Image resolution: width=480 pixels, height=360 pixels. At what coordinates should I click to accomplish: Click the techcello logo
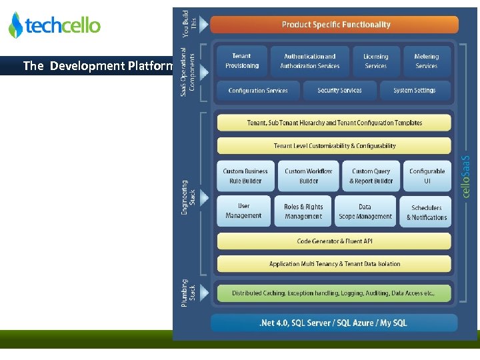tap(55, 25)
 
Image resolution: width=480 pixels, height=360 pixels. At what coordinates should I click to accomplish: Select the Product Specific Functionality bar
tap(335, 25)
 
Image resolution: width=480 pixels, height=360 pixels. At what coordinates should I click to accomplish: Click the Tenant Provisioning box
tap(242, 61)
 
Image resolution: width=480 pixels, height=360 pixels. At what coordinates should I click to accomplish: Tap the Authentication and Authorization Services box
tap(309, 61)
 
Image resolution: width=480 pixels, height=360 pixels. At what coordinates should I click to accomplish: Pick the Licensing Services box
tap(375, 61)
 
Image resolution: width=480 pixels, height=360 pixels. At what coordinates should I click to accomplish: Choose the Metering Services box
tap(426, 61)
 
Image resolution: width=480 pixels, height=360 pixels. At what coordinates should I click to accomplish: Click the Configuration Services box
tap(258, 91)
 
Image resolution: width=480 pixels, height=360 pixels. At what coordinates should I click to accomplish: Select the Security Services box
tap(339, 91)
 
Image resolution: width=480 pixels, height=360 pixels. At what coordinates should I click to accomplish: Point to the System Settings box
tap(415, 91)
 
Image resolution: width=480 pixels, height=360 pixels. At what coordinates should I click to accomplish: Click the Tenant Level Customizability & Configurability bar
tap(334, 146)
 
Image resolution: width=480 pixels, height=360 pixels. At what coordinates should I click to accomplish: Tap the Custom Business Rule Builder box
tap(245, 176)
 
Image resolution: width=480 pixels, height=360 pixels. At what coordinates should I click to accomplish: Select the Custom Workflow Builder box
tap(308, 176)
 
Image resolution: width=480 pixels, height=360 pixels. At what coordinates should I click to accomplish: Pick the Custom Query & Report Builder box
tap(371, 176)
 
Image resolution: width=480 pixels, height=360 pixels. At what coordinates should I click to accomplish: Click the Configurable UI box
tap(427, 176)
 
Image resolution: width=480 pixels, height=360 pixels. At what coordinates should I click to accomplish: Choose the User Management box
tap(243, 211)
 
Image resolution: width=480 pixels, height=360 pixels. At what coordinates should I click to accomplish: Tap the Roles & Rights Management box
tap(303, 211)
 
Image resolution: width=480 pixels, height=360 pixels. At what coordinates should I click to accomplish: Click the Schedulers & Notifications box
tap(427, 212)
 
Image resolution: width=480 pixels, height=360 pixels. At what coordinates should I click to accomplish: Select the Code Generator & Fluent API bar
tap(334, 241)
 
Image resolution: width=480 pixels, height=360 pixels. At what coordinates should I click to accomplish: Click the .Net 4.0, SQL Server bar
tap(333, 323)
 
